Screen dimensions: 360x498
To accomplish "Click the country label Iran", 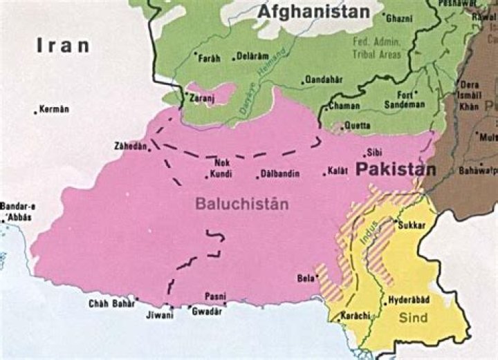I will pyautogui.click(x=64, y=46).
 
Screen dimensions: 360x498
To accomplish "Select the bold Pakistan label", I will pyautogui.click(x=396, y=169).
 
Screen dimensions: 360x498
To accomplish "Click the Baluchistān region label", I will pyautogui.click(x=232, y=204).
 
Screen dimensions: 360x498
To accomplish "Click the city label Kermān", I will pyautogui.click(x=55, y=109).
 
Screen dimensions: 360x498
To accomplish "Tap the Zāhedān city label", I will pyautogui.click(x=131, y=146).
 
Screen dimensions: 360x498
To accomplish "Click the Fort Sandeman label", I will pyautogui.click(x=411, y=100).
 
